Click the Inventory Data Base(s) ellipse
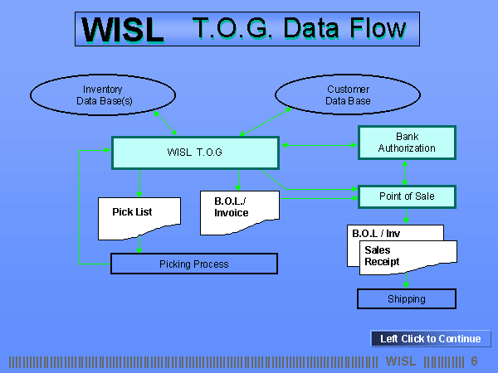coord(102,95)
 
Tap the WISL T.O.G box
coord(194,153)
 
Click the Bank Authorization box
coord(407,142)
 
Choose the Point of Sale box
coord(407,196)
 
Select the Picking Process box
coord(193,264)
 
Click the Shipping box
coord(407,298)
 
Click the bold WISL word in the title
coord(123,30)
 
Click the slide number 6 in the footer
coord(475,361)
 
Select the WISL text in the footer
coord(402,361)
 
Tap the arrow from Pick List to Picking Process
coord(139,245)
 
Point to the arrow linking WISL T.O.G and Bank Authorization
coord(318,146)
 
